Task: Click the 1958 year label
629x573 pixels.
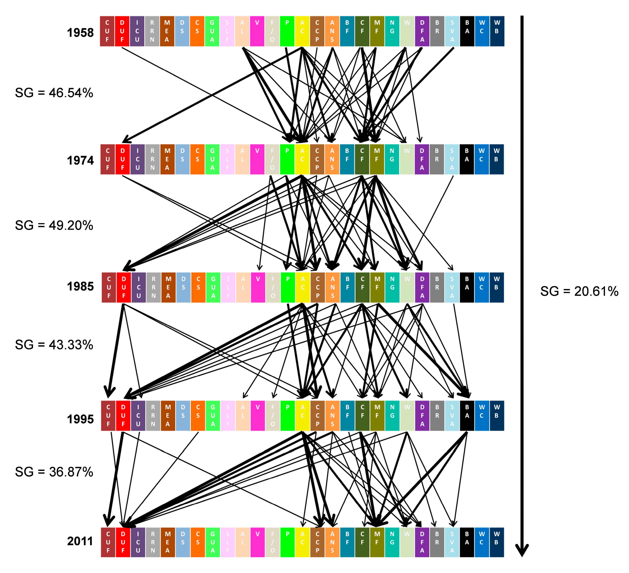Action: (80, 32)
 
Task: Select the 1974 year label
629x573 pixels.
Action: (80, 160)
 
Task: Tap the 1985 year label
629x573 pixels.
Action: (80, 287)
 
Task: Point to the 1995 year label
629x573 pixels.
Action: (80, 419)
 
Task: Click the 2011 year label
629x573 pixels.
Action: (80, 541)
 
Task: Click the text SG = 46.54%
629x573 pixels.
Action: (54, 93)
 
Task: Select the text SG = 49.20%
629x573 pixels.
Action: (54, 225)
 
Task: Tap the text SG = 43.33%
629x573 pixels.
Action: (54, 345)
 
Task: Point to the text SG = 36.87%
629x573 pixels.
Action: (54, 472)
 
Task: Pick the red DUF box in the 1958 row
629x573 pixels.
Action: (122, 31)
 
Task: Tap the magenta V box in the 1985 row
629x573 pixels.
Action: (258, 288)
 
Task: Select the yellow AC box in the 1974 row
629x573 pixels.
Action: (302, 159)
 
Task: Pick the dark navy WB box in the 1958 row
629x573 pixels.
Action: (497, 31)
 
